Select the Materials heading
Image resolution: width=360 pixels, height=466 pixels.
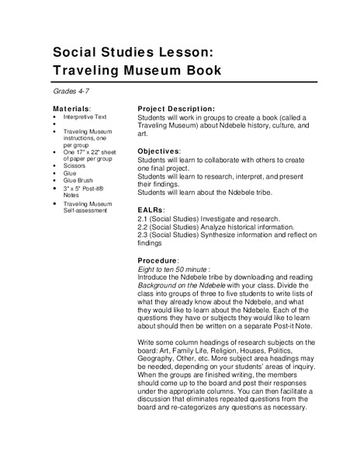click(x=71, y=109)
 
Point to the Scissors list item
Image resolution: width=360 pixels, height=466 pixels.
click(x=75, y=165)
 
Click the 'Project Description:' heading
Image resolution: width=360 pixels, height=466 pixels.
click(x=175, y=109)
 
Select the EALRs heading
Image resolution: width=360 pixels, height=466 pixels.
click(x=152, y=210)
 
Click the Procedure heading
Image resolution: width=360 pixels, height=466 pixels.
click(x=159, y=261)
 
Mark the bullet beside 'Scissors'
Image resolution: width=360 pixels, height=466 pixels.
click(x=56, y=165)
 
